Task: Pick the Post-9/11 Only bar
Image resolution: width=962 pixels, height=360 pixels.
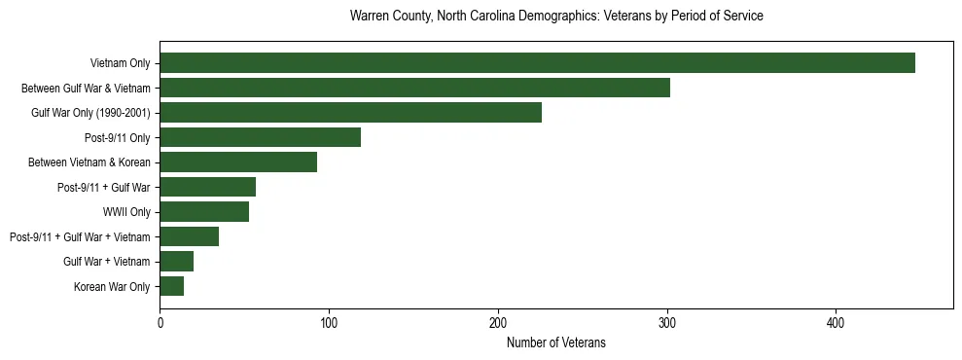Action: pos(260,137)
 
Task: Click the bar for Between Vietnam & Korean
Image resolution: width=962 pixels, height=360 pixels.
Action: pos(238,162)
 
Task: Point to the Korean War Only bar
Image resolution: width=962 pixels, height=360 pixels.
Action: pos(172,286)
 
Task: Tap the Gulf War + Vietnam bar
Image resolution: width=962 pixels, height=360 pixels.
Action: pos(177,262)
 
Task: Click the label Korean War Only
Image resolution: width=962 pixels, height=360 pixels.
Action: pos(112,287)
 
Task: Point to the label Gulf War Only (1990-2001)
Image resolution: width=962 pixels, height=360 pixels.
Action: pos(90,113)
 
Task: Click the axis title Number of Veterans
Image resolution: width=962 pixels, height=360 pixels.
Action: pos(556,342)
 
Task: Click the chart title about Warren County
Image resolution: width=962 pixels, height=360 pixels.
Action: pos(556,17)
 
